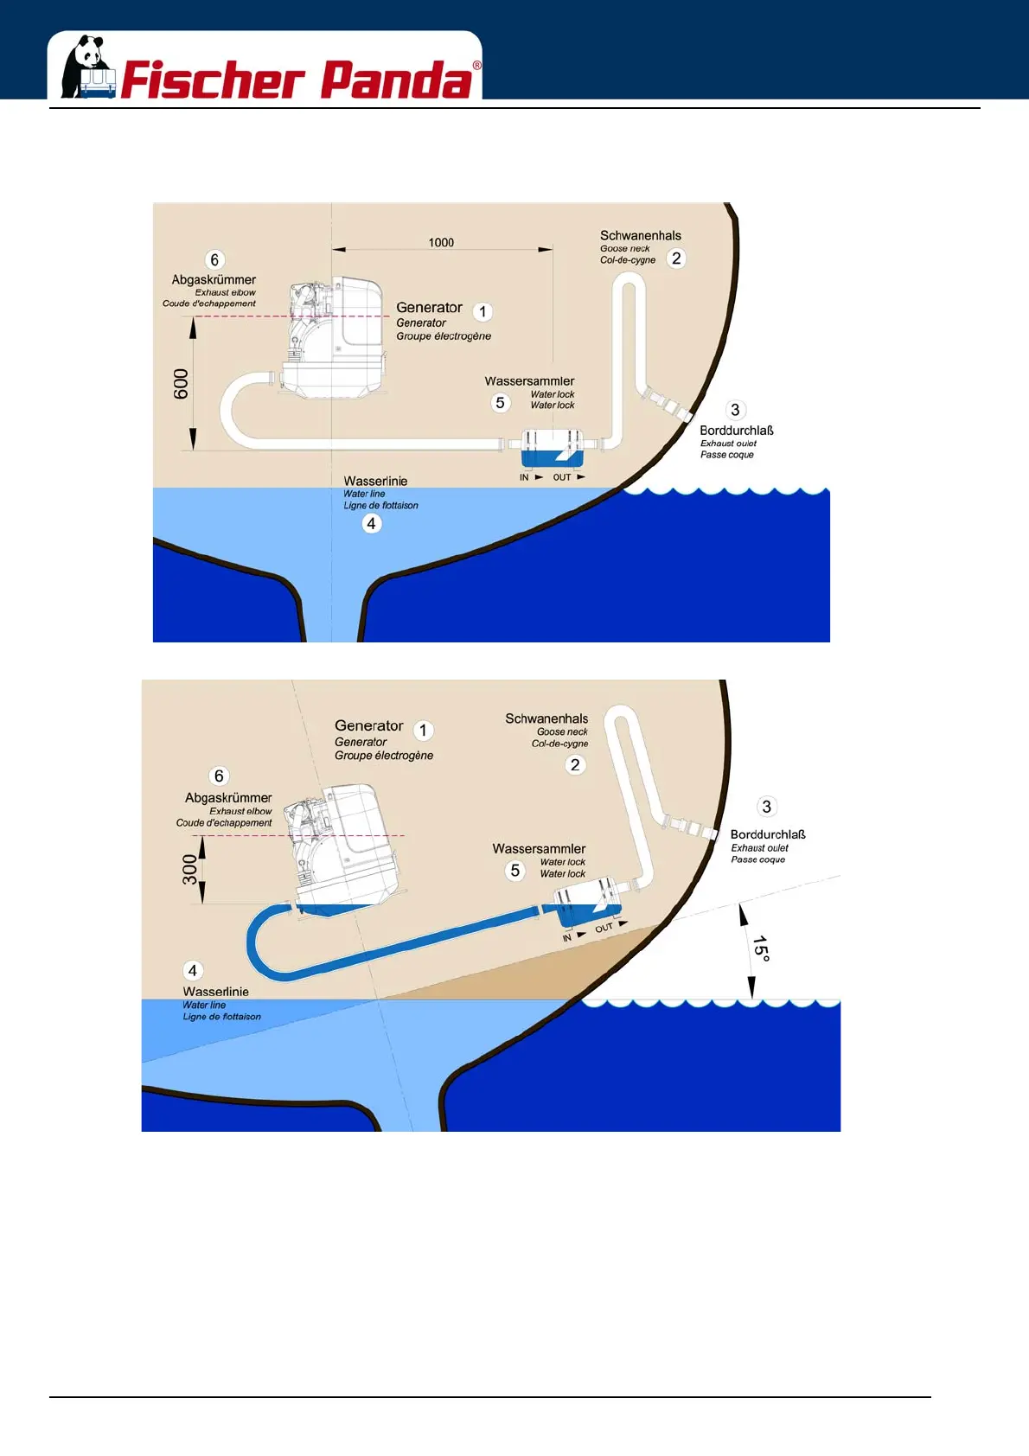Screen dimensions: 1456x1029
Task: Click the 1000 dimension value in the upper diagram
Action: (x=441, y=243)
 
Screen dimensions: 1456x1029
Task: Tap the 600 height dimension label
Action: (x=181, y=384)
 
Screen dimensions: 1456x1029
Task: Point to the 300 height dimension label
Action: (x=189, y=870)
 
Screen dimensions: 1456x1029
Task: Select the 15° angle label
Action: (x=760, y=948)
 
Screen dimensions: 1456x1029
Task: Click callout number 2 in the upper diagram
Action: (x=676, y=259)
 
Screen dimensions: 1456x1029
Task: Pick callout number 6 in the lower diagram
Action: (x=219, y=776)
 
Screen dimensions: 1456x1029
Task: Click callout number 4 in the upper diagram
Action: (x=371, y=524)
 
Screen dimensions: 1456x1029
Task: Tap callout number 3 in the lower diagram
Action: (x=766, y=807)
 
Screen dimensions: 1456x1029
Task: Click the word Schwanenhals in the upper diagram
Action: (x=641, y=235)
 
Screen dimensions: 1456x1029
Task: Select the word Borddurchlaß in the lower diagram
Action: (x=768, y=834)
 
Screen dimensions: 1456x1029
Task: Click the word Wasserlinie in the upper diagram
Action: (x=375, y=481)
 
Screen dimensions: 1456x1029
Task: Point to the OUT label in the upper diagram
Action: (x=562, y=477)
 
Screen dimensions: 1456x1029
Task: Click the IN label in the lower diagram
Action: (x=567, y=937)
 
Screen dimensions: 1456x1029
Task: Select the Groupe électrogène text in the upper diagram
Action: (x=444, y=336)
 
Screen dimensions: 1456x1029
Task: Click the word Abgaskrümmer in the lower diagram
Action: (x=228, y=798)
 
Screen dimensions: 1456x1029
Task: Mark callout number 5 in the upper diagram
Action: (x=500, y=403)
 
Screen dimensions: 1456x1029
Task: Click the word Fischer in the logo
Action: (x=213, y=80)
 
